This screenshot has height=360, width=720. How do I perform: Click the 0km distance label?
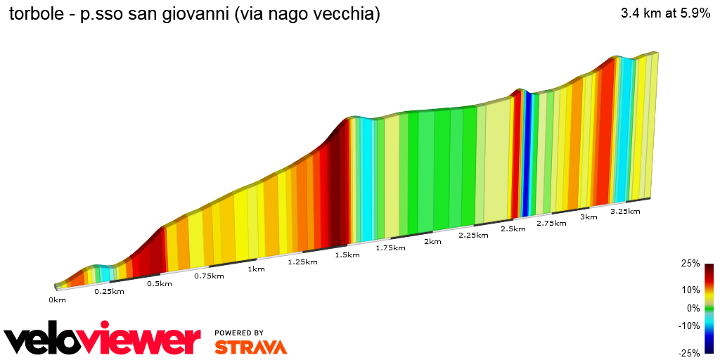click(57, 300)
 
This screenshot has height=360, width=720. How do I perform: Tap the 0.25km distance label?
click(109, 292)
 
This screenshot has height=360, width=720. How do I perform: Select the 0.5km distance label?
click(159, 284)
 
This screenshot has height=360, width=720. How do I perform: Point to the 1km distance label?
click(256, 269)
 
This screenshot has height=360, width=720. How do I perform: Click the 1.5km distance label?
click(347, 255)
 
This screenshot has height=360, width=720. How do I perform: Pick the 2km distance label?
click(432, 242)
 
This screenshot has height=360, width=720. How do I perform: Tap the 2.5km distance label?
click(513, 229)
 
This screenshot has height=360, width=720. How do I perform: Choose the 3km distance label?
click(589, 217)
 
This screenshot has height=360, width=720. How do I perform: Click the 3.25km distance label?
click(625, 212)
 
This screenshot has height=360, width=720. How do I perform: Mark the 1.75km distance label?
click(390, 248)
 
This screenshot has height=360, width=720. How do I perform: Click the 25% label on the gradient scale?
click(690, 264)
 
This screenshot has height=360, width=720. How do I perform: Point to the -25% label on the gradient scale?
click(690, 353)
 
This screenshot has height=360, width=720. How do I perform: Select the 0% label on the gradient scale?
click(693, 308)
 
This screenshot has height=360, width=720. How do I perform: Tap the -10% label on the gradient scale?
click(690, 326)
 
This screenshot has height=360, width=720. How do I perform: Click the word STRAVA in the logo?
click(250, 347)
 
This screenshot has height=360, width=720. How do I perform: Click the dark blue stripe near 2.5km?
click(525, 155)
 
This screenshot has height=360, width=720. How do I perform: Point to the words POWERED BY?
click(239, 333)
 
